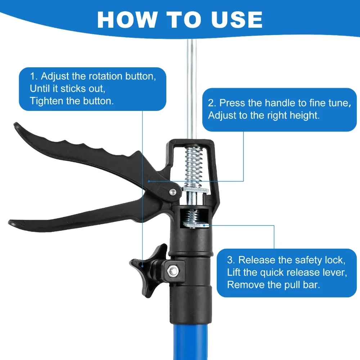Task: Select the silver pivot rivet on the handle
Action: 173,192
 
